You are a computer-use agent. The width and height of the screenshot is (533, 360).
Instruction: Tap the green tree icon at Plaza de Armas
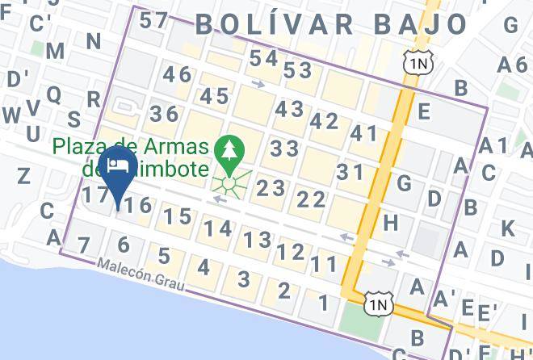(229, 151)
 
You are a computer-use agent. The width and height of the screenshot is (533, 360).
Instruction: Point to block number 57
(153, 21)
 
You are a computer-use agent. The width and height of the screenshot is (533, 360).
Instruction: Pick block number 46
(178, 75)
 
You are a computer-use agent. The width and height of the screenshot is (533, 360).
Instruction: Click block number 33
(284, 149)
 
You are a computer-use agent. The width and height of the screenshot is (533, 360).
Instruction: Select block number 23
(271, 188)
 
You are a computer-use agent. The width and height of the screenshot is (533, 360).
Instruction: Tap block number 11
(324, 263)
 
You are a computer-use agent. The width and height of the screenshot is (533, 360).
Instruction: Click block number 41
(364, 133)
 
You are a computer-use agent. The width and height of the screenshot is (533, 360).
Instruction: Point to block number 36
(164, 114)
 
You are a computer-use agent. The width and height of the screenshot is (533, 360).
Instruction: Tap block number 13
(257, 240)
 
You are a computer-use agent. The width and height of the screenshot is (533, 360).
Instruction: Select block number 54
(263, 58)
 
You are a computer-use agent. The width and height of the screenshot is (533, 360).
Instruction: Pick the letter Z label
(23, 175)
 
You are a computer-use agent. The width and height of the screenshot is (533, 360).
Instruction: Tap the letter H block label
(391, 221)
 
